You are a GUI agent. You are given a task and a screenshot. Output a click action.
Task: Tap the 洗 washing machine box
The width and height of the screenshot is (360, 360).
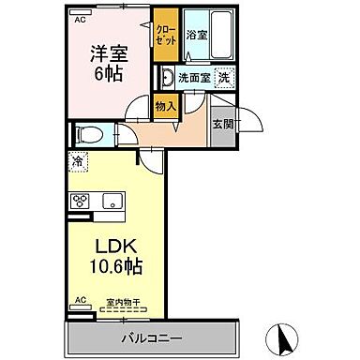224,77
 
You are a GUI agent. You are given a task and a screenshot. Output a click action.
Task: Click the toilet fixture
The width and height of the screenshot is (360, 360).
86,132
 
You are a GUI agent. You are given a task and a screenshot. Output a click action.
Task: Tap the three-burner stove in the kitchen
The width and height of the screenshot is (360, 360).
79,201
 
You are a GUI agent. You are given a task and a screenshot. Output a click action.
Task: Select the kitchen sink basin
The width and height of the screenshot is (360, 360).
112,200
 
